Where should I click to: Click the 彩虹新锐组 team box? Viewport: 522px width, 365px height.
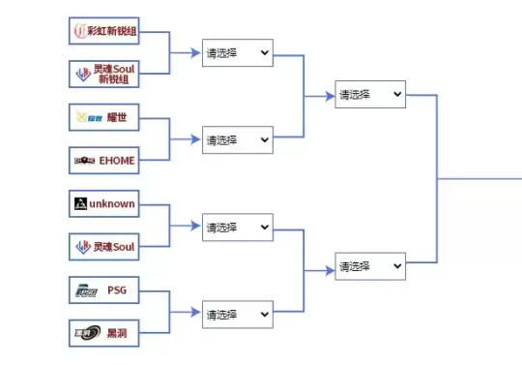pos(105,31)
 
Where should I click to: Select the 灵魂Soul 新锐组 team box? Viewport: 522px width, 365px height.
pos(105,74)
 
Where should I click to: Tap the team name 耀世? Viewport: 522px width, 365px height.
pos(117,118)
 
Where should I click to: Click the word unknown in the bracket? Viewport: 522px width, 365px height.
pos(112,204)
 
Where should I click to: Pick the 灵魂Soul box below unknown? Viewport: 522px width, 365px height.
pos(105,247)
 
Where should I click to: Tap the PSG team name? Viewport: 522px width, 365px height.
pos(117,290)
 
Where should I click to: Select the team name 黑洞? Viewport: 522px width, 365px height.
pos(117,333)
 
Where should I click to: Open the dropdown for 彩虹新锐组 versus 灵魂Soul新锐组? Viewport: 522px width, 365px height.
pos(238,52)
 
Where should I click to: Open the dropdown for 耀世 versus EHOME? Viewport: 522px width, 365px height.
pos(238,139)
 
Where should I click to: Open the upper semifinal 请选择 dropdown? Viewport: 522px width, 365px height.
pos(370,95)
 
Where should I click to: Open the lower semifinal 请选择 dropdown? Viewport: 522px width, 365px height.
pos(370,264)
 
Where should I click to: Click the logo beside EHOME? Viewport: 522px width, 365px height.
pos(85,160)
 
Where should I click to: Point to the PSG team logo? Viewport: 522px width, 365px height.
pos(85,290)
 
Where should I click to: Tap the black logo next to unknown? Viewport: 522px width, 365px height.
pos(80,204)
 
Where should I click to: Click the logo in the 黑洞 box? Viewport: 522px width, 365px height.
pos(85,333)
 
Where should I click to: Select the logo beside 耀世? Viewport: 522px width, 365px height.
pos(86,118)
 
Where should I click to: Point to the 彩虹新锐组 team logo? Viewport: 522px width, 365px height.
pos(80,31)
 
